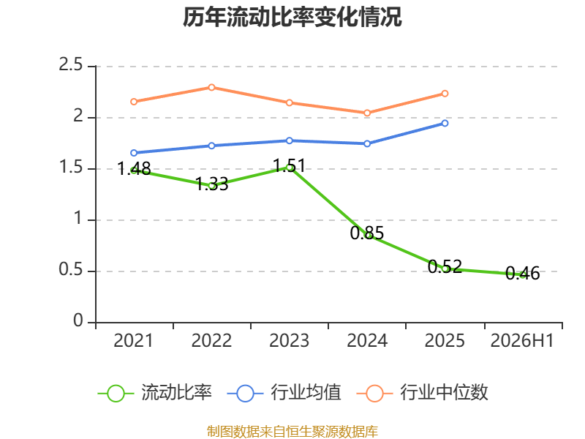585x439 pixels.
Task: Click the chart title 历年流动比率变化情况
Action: [x=292, y=17]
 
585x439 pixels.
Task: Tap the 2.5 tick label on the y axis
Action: [x=70, y=64]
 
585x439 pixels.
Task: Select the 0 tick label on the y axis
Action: [x=78, y=320]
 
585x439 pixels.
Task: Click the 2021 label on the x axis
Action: [x=133, y=340]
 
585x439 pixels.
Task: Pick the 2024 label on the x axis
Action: [x=367, y=340]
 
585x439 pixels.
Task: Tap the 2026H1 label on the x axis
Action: [x=522, y=340]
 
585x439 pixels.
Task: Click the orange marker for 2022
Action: [x=211, y=87]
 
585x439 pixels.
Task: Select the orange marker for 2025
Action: [x=445, y=94]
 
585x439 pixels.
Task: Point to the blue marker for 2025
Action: [x=445, y=123]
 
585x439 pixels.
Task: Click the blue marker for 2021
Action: [x=134, y=153]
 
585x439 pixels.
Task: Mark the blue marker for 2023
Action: [x=289, y=140]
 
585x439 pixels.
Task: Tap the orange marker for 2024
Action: [x=367, y=113]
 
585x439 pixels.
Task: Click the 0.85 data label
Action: [x=367, y=233]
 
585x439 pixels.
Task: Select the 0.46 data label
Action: [x=523, y=273]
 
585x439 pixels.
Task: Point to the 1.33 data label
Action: [x=211, y=184]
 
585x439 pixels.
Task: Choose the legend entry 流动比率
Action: [x=155, y=393]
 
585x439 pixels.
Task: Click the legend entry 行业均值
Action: [x=284, y=393]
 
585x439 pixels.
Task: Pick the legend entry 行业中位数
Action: [x=423, y=393]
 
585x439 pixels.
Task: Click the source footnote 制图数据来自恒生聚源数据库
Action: [x=292, y=432]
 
